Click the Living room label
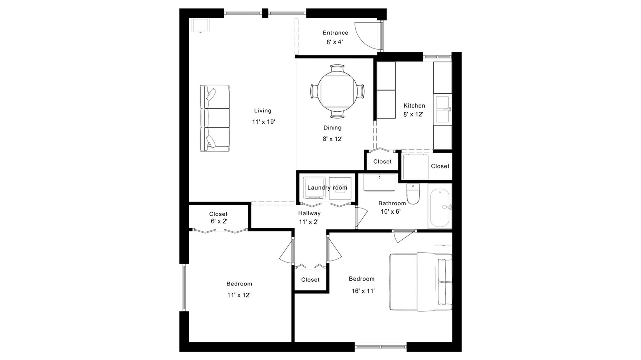[262, 111]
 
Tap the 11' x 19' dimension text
[263, 122]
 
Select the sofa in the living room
[214, 118]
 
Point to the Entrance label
[335, 33]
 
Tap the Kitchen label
[414, 105]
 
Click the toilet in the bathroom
[413, 194]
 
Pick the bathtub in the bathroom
[440, 206]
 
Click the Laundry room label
[327, 188]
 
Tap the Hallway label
[309, 213]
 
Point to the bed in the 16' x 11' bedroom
[421, 281]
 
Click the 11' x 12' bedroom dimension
[239, 295]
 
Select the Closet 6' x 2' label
[218, 217]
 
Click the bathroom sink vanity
[379, 182]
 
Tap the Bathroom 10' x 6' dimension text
[391, 212]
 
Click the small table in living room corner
[201, 25]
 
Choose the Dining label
[332, 128]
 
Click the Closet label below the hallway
[310, 280]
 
